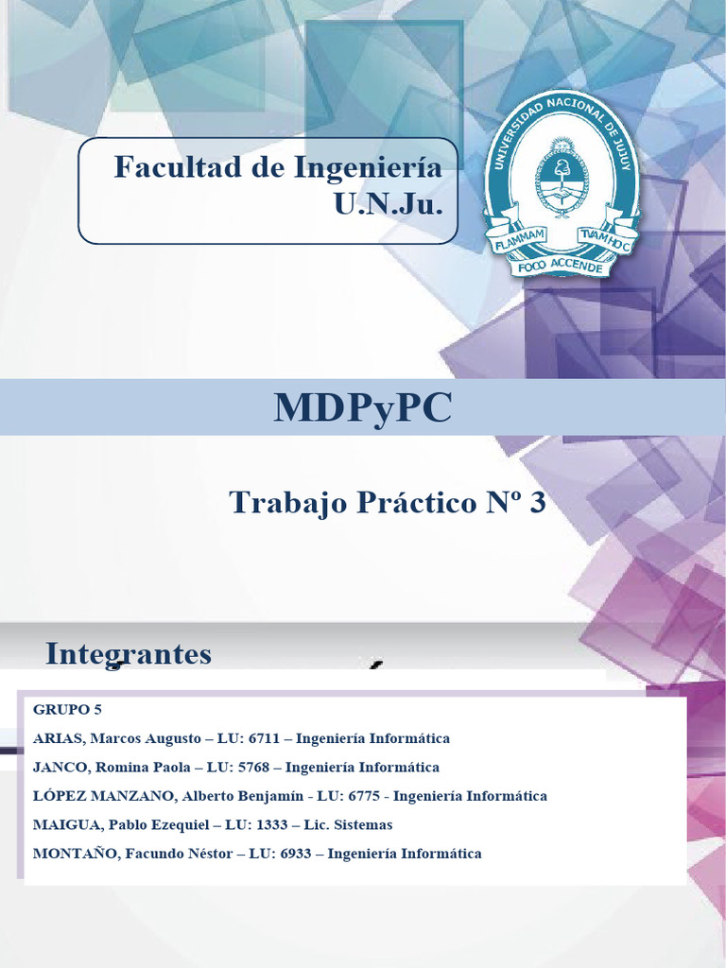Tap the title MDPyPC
click(363, 407)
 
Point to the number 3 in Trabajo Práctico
click(538, 504)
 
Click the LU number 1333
click(268, 824)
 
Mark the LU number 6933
click(301, 854)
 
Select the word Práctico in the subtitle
click(412, 504)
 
